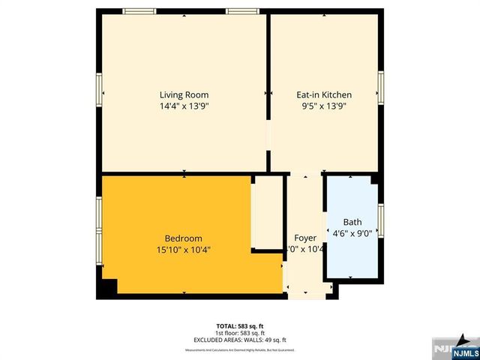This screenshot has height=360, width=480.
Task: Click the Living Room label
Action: (x=184, y=95)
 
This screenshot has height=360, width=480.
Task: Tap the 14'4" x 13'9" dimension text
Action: (x=184, y=106)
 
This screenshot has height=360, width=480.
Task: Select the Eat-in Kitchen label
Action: (x=324, y=95)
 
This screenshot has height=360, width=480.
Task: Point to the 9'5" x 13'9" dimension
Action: (x=324, y=106)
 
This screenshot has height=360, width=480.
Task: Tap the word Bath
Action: (x=352, y=222)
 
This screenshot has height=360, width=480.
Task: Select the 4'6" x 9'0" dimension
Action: (x=352, y=233)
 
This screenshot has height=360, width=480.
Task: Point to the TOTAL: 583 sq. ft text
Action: (x=240, y=326)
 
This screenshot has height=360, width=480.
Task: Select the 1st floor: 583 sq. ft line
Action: (x=240, y=332)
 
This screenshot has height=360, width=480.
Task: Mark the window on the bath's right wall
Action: (x=380, y=220)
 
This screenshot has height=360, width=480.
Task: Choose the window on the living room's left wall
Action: (x=100, y=90)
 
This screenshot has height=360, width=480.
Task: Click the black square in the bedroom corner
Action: (x=109, y=286)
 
